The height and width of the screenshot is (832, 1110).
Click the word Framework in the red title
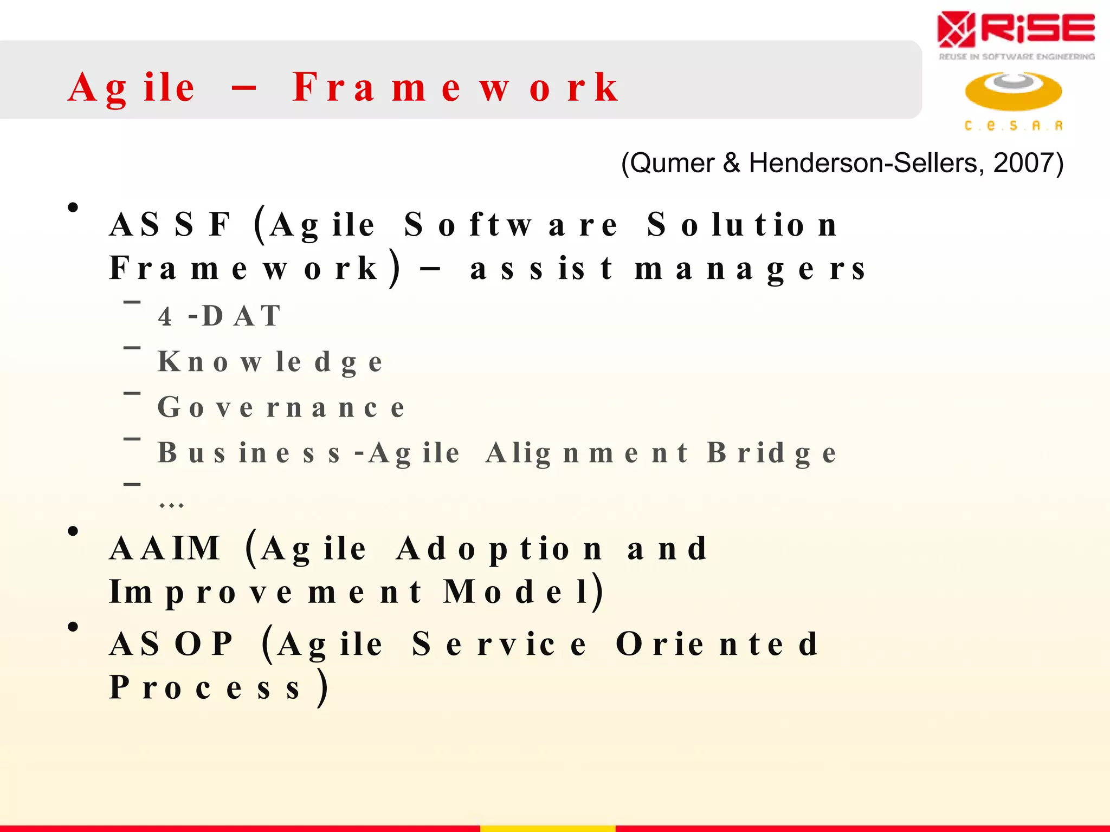point(455,88)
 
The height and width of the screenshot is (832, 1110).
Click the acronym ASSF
point(171,224)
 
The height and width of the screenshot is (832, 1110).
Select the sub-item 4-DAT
point(220,316)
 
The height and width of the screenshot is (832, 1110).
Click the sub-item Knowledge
point(270,362)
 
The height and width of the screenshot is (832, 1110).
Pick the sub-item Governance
point(281,407)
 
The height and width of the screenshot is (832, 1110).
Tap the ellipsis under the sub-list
point(171,505)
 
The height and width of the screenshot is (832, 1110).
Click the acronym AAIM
point(165,548)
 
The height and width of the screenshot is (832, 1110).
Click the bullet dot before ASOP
point(73,627)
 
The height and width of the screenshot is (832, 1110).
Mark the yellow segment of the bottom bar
point(547,828)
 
